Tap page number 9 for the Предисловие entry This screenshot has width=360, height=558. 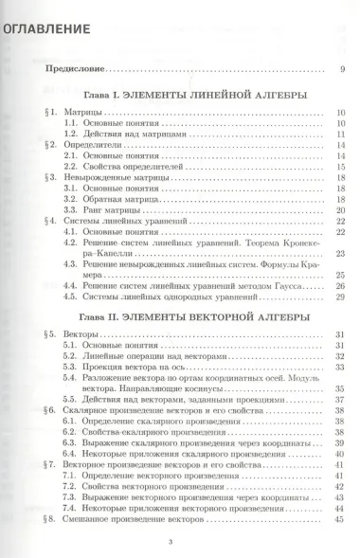coord(342,70)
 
